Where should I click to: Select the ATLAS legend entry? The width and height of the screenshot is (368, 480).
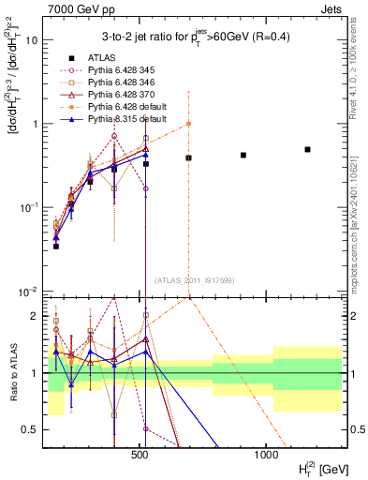pos(103,58)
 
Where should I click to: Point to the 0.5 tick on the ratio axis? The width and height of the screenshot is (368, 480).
pos(36,429)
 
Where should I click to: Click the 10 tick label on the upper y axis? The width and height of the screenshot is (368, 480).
pos(35,40)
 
